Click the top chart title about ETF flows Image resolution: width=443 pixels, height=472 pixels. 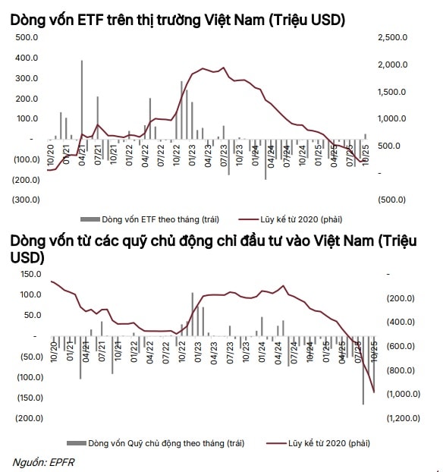pyautogui.click(x=178, y=20)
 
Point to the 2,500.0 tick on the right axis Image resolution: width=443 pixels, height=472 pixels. pyautogui.click(x=393, y=36)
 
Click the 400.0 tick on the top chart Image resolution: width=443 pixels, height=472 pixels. pyautogui.click(x=27, y=57)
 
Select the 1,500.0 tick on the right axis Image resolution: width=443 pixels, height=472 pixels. pyautogui.click(x=393, y=91)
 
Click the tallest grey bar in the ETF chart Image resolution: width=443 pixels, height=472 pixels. pyautogui.click(x=82, y=99)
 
